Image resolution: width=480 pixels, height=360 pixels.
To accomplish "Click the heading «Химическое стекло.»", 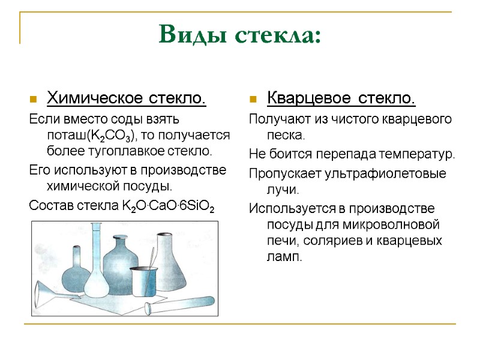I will point(126,98).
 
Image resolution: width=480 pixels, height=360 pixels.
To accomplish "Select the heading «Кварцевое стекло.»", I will point(341,98).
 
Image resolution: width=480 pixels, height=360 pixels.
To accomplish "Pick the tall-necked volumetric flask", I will point(96,264).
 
